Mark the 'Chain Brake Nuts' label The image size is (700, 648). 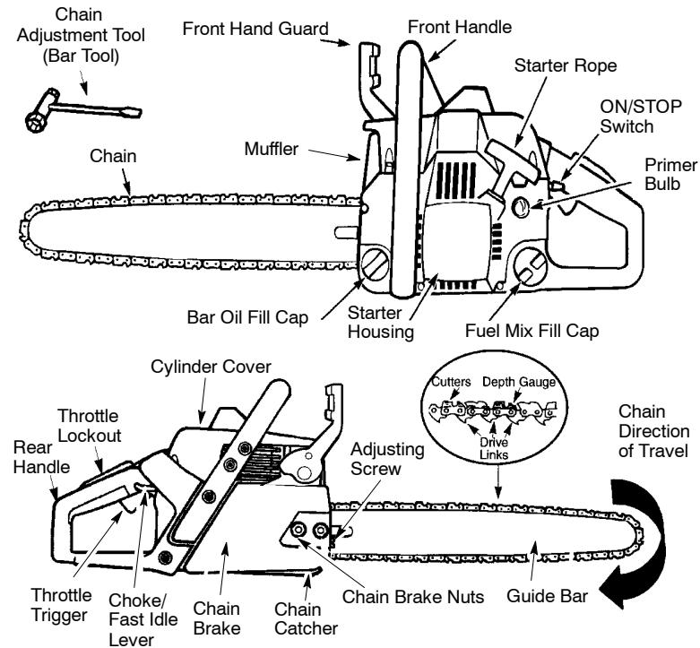point(415,593)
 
